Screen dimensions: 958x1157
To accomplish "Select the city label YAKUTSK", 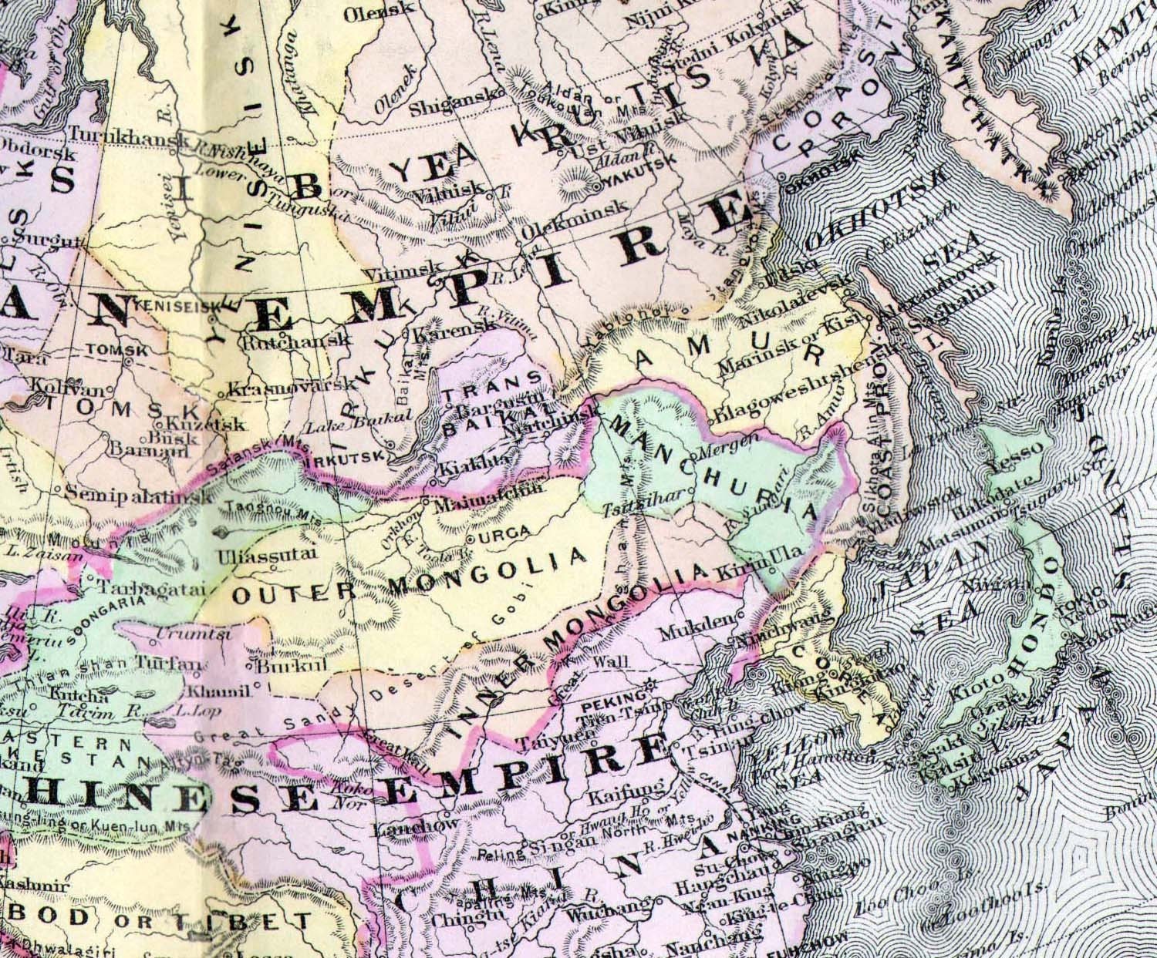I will pos(636,179).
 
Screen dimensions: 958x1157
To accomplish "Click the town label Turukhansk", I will pos(128,136).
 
